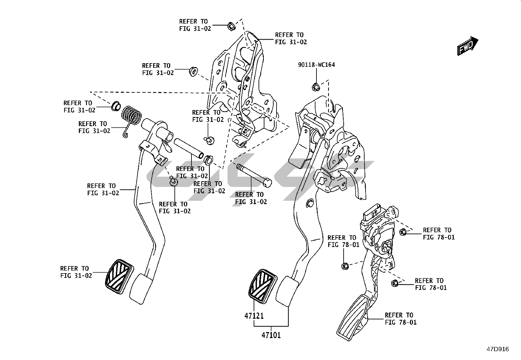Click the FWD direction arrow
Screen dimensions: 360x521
(467, 46)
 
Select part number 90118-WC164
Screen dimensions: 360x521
(316, 65)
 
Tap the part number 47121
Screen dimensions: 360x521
(254, 316)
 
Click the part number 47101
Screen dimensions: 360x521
(271, 335)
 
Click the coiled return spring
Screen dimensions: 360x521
(132, 117)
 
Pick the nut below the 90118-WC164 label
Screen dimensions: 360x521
(315, 87)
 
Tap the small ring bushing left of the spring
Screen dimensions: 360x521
(116, 105)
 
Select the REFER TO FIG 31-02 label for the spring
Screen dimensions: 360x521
(94, 127)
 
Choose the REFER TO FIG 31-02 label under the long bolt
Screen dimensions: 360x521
(251, 198)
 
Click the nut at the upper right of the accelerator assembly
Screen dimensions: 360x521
(403, 232)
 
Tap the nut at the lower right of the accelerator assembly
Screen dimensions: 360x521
(394, 283)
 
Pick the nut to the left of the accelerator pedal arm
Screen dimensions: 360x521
(344, 266)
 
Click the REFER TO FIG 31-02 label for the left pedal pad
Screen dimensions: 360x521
(76, 272)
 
